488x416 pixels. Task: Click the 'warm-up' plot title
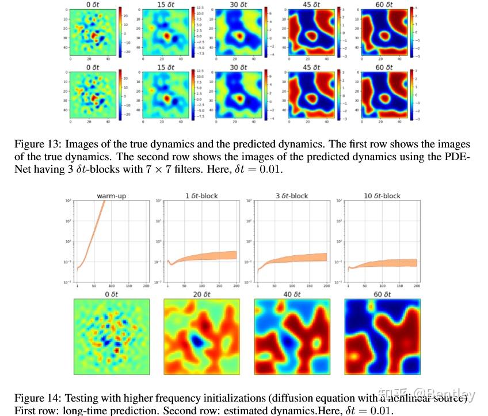[112, 196]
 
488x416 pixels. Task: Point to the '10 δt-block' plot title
[382, 196]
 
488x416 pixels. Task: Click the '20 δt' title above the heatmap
[201, 294]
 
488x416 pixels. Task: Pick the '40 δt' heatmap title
[291, 294]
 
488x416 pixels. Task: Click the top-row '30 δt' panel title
[237, 4]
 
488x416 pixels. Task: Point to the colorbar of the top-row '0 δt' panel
[119, 32]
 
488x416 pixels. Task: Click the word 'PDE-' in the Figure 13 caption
[458, 157]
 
